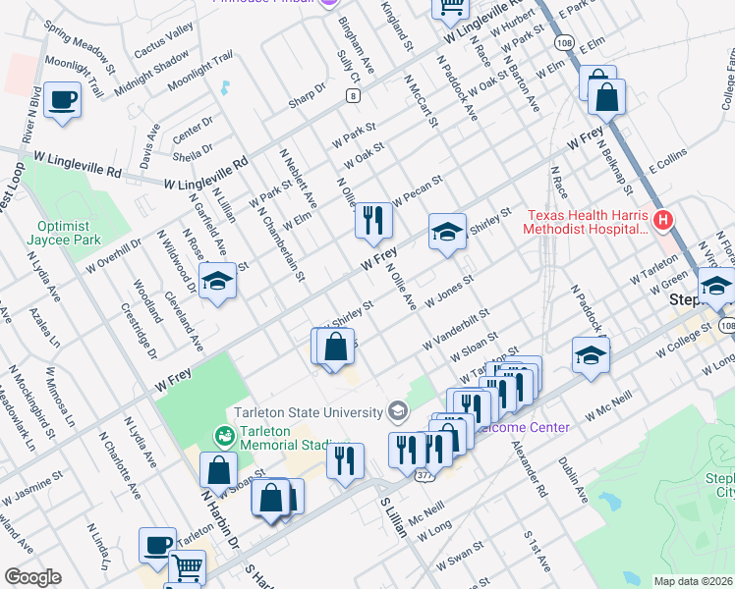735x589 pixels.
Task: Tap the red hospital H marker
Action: pos(664,219)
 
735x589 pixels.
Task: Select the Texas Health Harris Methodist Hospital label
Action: pos(588,222)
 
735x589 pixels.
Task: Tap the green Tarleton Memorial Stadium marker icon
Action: pos(223,434)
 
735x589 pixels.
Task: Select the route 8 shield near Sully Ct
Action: pos(352,95)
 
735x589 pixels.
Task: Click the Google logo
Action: pos(32,577)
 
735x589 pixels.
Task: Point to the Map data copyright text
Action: pos(693,581)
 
